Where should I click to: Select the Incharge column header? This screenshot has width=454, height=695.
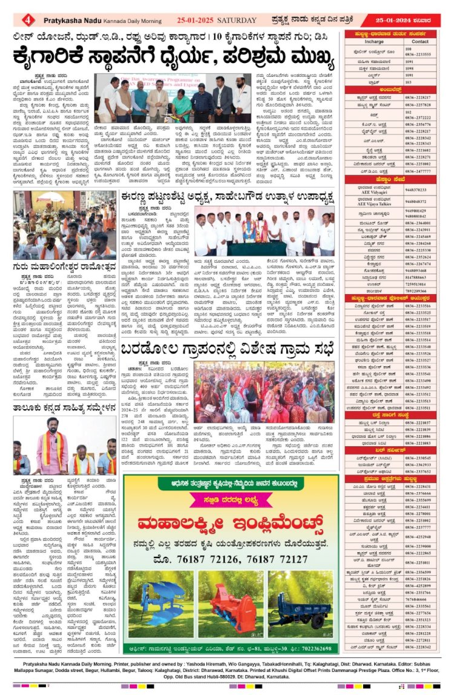click(x=373, y=42)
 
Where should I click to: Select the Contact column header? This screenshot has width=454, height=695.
click(x=421, y=42)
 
